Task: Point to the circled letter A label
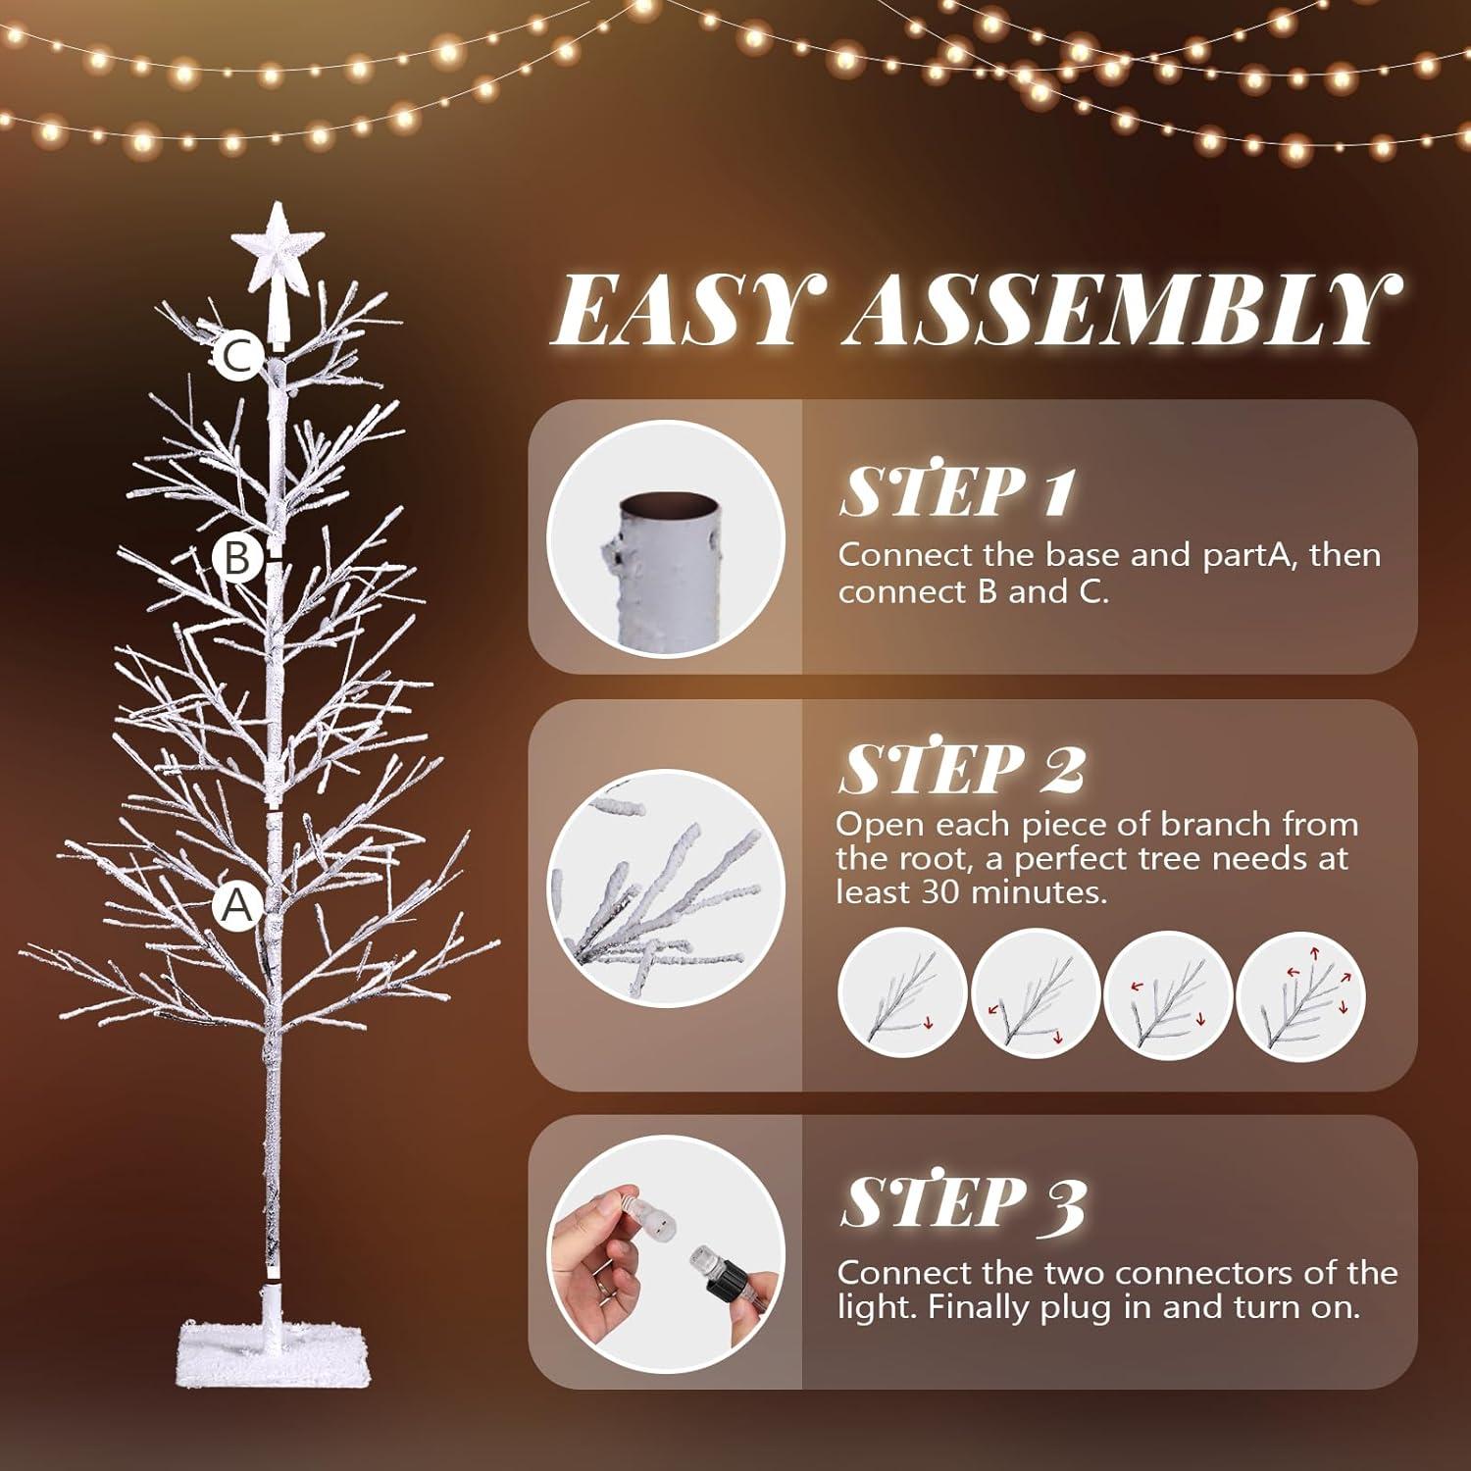pos(236,906)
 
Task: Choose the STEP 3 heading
pos(962,1201)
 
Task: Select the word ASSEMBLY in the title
pos(1117,310)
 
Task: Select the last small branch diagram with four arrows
pos(1301,992)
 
